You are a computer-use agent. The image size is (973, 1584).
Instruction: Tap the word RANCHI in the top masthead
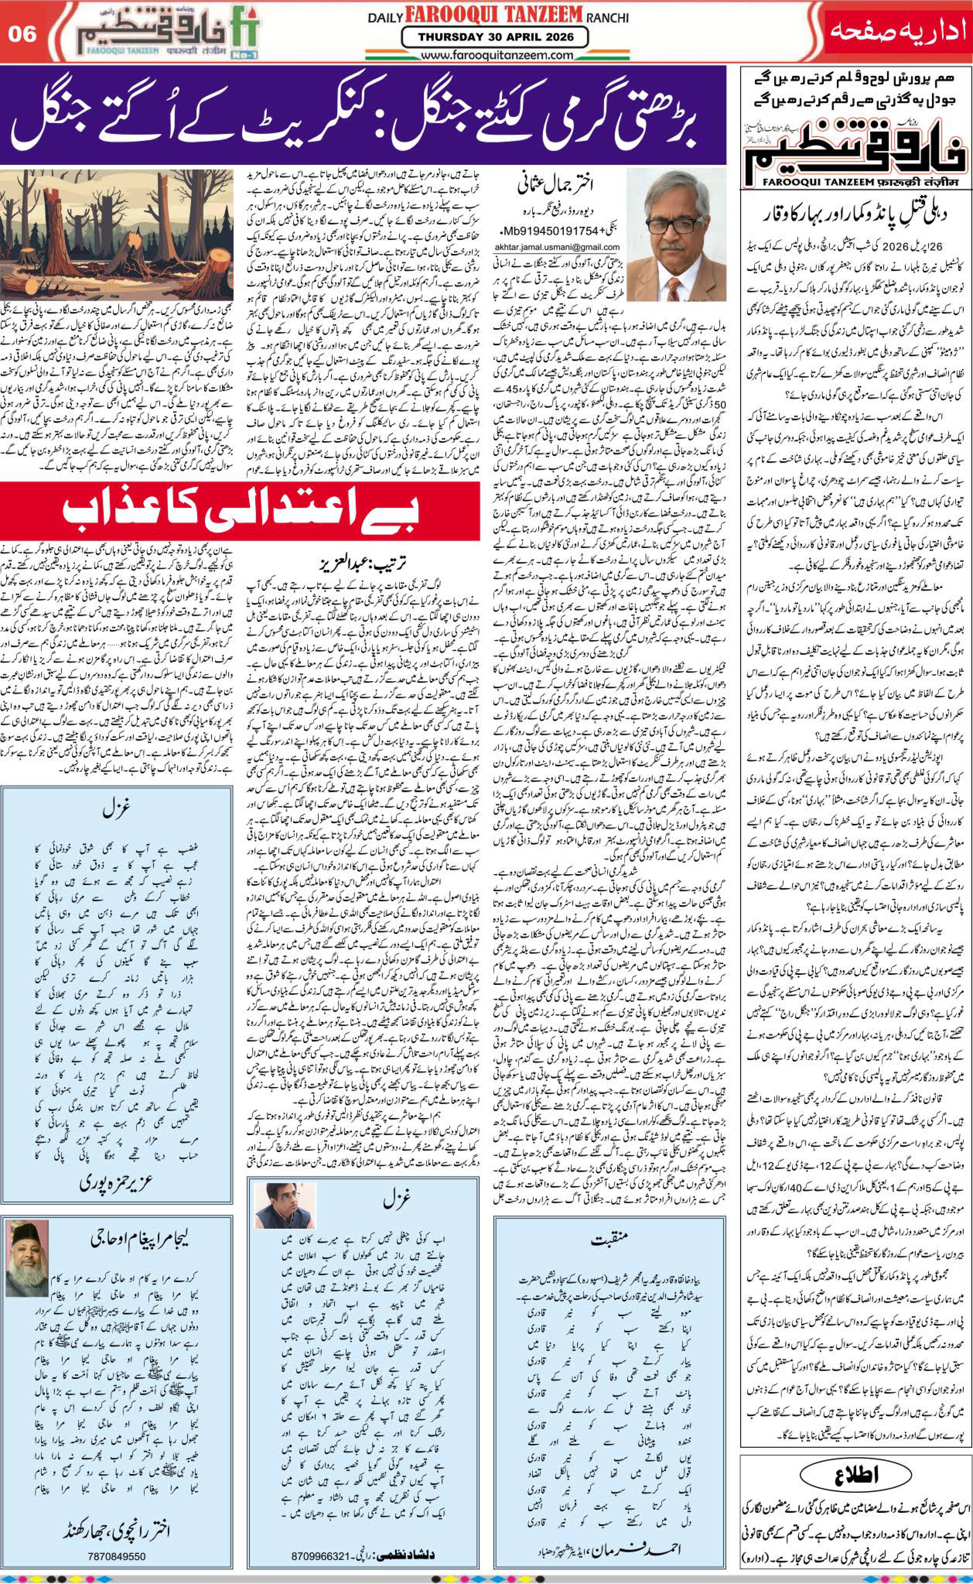tap(607, 19)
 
